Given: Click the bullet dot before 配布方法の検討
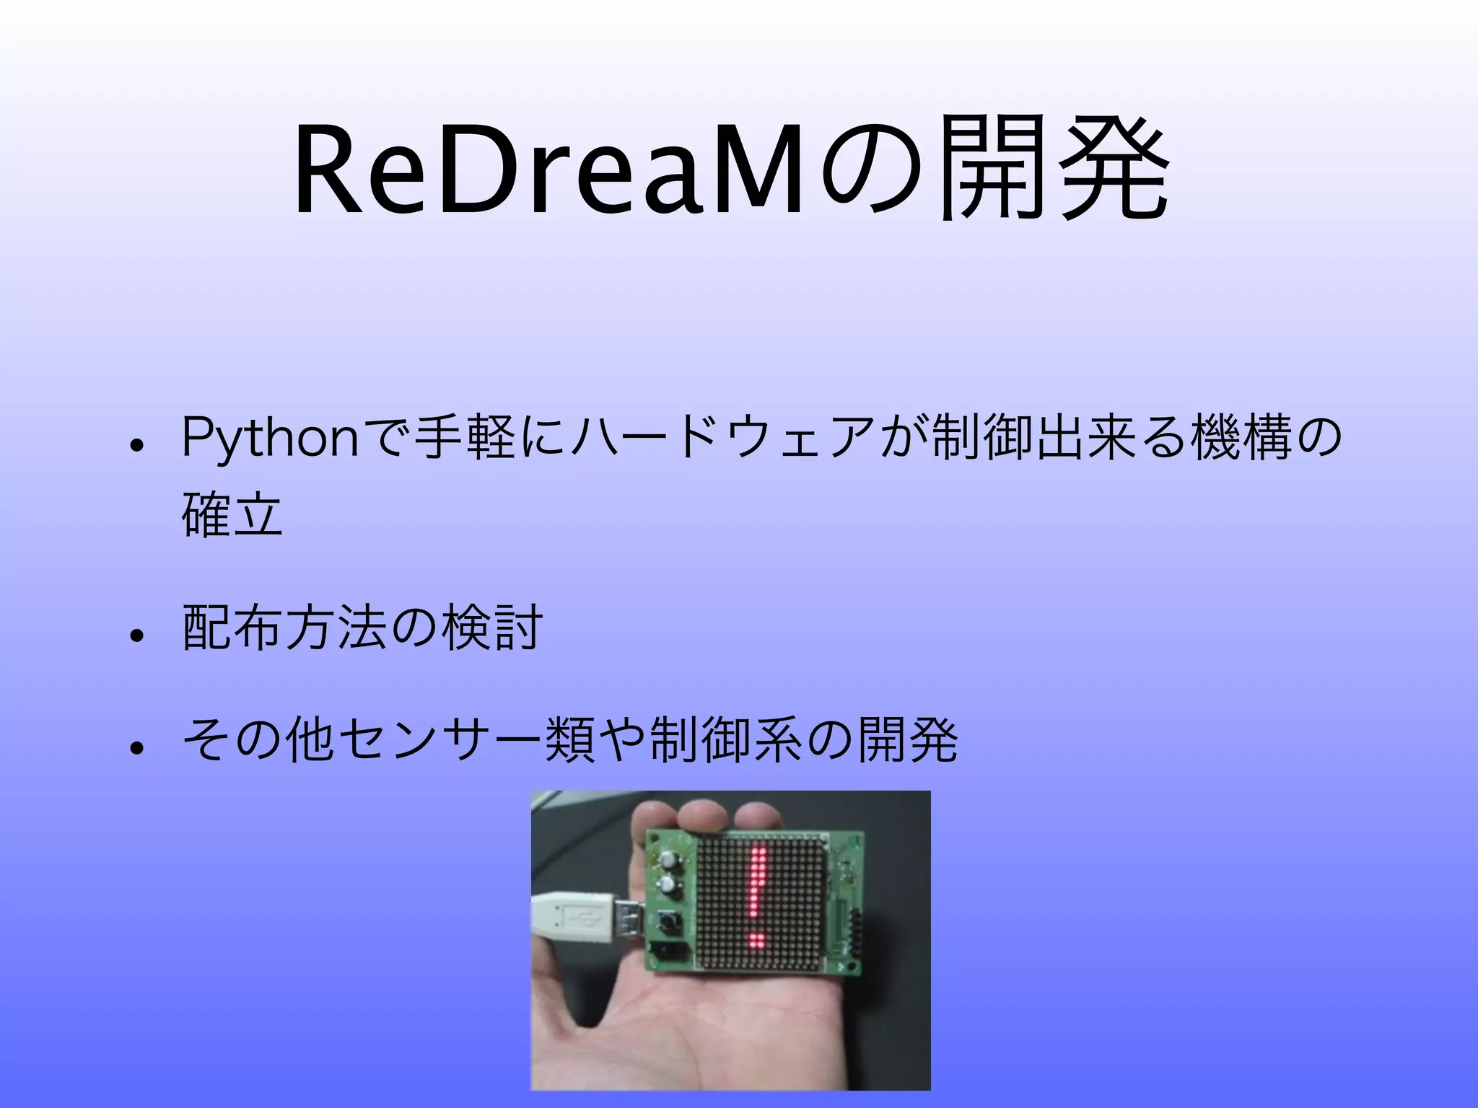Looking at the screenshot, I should click(x=136, y=636).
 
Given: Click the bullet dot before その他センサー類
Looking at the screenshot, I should click(x=136, y=747).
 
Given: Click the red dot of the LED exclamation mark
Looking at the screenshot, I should click(x=757, y=941).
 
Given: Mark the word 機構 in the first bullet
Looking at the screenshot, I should click(x=1241, y=438).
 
